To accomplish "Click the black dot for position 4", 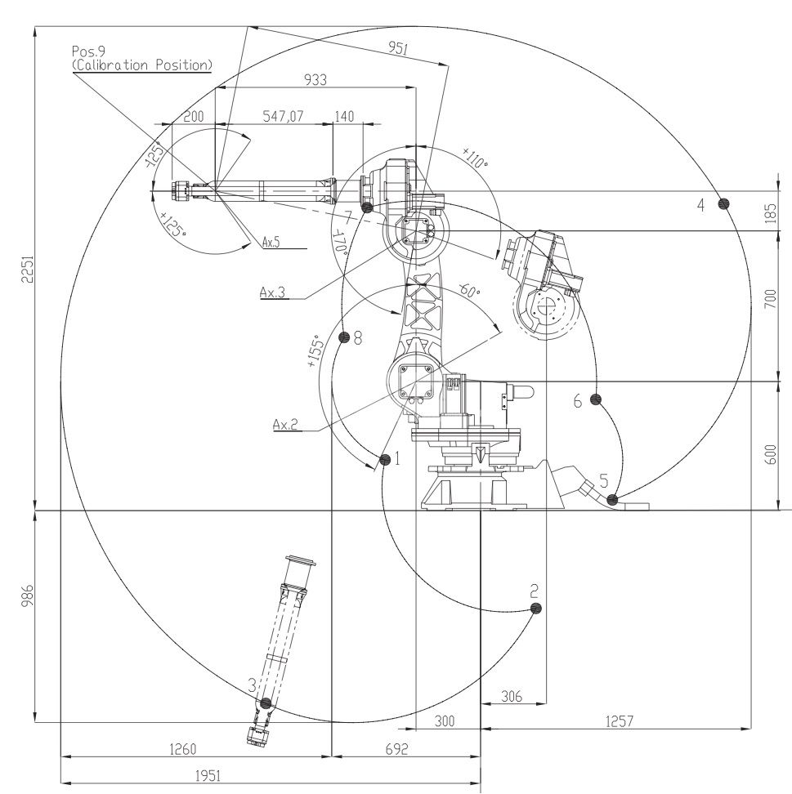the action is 724,203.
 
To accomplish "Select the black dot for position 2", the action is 535,608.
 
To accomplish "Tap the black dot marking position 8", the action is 344,337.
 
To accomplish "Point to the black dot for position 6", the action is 596,399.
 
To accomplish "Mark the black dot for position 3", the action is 266,703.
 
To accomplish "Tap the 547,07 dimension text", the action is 283,117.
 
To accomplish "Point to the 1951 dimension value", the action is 208,775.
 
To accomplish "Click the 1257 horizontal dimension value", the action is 620,720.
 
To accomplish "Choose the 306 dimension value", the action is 512,696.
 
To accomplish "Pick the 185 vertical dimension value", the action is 770,213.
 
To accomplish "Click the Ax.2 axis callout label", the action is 285,424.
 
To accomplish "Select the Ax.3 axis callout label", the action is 273,292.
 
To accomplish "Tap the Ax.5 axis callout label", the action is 271,243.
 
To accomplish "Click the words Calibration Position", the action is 142,65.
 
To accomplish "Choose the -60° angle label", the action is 469,291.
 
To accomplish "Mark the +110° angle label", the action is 475,158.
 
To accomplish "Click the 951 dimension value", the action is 398,48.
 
